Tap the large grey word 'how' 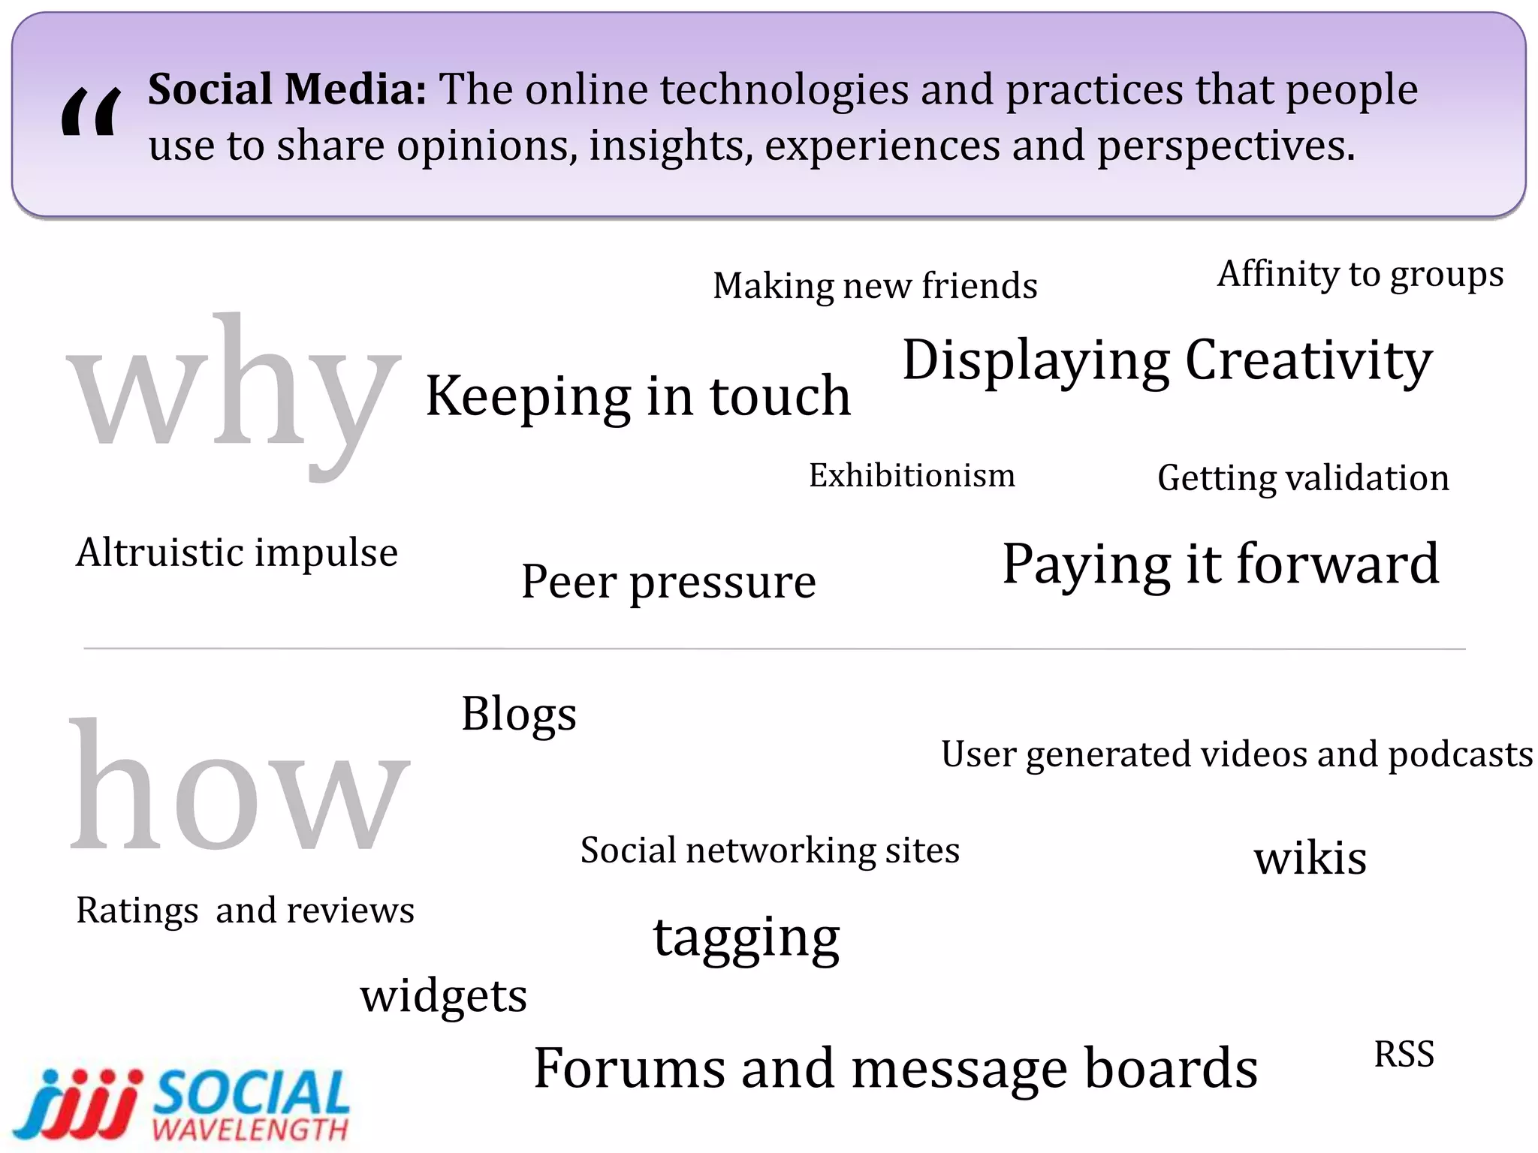pos(239,788)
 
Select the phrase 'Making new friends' pos(875,286)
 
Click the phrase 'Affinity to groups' pos(1360,275)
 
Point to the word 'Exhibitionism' pos(912,475)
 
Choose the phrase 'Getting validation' pos(1303,478)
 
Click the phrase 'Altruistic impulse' pos(237,553)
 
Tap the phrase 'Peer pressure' pos(668,582)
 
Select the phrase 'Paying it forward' pos(1220,564)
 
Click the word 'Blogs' pos(519,714)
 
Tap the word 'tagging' pos(746,938)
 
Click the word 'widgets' pos(444,996)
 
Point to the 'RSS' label pos(1404,1055)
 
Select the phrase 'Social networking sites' pos(770,851)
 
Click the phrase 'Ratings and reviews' pos(245,911)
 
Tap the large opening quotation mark pos(90,113)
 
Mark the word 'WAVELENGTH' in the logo pos(250,1129)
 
